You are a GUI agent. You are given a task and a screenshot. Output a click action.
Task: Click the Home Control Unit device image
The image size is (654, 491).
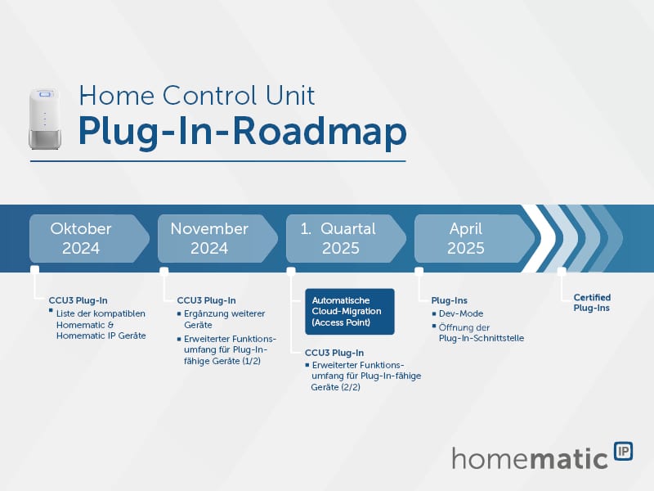45,119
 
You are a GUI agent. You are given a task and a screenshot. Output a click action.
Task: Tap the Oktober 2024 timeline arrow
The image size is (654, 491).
89,238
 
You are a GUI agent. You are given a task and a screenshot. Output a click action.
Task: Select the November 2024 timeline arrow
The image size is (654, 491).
217,238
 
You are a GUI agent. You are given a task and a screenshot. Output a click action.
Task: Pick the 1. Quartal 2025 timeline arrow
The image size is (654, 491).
346,238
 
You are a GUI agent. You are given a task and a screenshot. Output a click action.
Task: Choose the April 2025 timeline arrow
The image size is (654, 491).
475,238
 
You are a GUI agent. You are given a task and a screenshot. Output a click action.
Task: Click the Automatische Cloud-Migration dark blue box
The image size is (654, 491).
350,312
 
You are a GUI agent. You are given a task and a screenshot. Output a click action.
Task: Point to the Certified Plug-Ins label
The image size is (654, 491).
592,303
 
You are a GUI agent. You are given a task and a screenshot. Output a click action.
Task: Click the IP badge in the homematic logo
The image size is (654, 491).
624,452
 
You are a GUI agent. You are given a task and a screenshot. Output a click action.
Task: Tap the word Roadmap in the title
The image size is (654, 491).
319,132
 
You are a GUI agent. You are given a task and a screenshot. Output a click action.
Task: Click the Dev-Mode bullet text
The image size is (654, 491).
461,313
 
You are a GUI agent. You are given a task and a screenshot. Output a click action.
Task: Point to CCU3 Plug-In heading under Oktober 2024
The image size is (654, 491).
78,300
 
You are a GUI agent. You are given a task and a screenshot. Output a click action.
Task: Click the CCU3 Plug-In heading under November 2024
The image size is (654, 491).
207,300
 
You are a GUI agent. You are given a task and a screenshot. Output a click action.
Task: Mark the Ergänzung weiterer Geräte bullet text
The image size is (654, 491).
224,319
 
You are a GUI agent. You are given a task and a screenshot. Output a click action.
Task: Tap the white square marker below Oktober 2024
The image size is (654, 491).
35,270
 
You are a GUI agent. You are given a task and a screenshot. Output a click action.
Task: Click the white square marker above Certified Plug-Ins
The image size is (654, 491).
562,272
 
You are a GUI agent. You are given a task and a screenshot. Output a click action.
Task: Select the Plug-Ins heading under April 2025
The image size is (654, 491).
449,300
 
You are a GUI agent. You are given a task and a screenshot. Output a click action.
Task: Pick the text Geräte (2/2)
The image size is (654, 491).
335,387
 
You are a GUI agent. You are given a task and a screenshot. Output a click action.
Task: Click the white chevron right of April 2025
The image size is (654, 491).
538,238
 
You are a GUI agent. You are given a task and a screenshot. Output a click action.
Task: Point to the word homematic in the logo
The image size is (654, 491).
530,459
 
